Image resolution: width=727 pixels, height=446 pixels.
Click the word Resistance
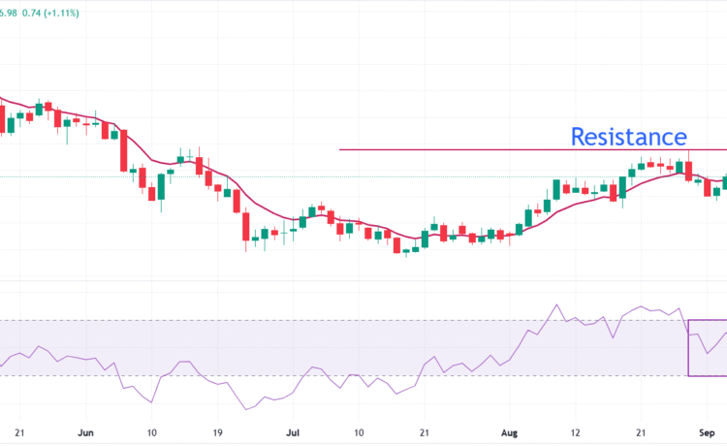628,137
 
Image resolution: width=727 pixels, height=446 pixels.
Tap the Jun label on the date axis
85,432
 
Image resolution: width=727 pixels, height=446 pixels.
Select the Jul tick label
293,432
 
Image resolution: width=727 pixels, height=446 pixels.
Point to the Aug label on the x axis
509,433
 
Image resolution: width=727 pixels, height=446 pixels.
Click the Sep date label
707,433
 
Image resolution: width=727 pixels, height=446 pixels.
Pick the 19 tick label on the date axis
217,432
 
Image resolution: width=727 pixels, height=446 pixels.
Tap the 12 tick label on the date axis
575,432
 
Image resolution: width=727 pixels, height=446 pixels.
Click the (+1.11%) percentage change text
61,13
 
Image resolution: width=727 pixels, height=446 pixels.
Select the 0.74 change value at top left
31,13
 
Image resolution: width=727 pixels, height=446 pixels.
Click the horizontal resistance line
533,149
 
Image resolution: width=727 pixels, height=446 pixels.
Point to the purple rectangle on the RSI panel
689,348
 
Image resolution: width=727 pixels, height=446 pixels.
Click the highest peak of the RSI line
556,304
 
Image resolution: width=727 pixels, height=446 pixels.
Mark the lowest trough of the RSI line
246,409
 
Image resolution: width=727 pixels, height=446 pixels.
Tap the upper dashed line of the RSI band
343,320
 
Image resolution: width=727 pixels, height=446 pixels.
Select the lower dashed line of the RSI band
343,376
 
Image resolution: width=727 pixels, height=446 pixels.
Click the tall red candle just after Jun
124,150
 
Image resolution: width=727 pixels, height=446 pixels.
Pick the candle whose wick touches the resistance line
688,171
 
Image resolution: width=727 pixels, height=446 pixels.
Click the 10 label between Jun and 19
151,432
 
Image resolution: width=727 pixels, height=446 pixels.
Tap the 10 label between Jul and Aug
359,432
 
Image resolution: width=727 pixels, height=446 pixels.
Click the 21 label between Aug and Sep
641,432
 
